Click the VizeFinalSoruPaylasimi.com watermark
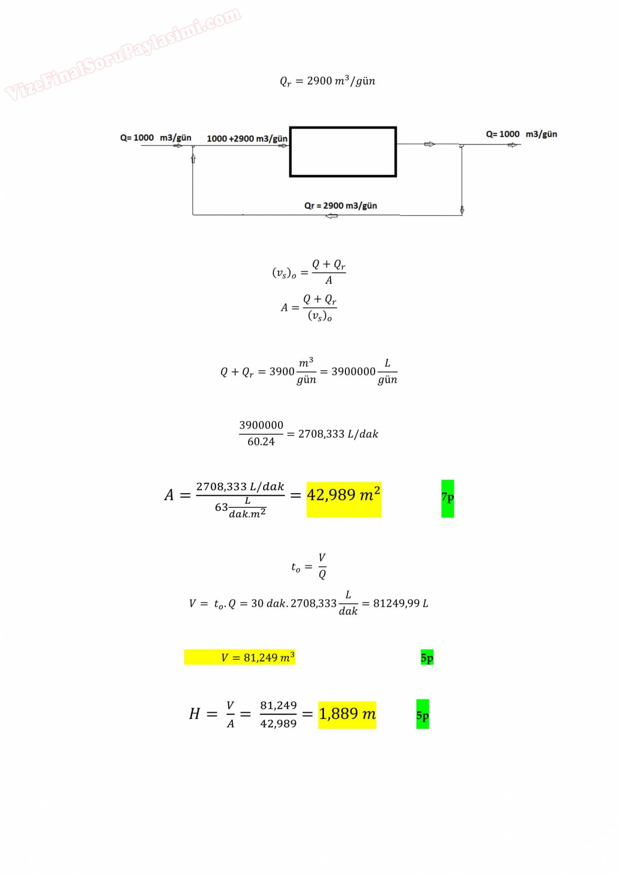point(123,54)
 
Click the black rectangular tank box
point(343,152)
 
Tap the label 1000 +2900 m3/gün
point(247,139)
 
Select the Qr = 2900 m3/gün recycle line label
point(340,206)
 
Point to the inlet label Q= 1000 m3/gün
point(155,138)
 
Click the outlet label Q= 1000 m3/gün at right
point(521,134)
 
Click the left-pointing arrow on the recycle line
point(331,216)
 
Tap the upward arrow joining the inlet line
point(193,158)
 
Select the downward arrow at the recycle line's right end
point(462,210)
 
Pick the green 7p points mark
point(448,498)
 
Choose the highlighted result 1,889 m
point(347,714)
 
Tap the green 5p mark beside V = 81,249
point(427,658)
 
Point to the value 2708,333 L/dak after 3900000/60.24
point(338,434)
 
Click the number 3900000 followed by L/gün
point(353,372)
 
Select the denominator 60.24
point(261,441)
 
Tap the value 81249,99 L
point(401,603)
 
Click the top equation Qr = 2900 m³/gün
point(327,81)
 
